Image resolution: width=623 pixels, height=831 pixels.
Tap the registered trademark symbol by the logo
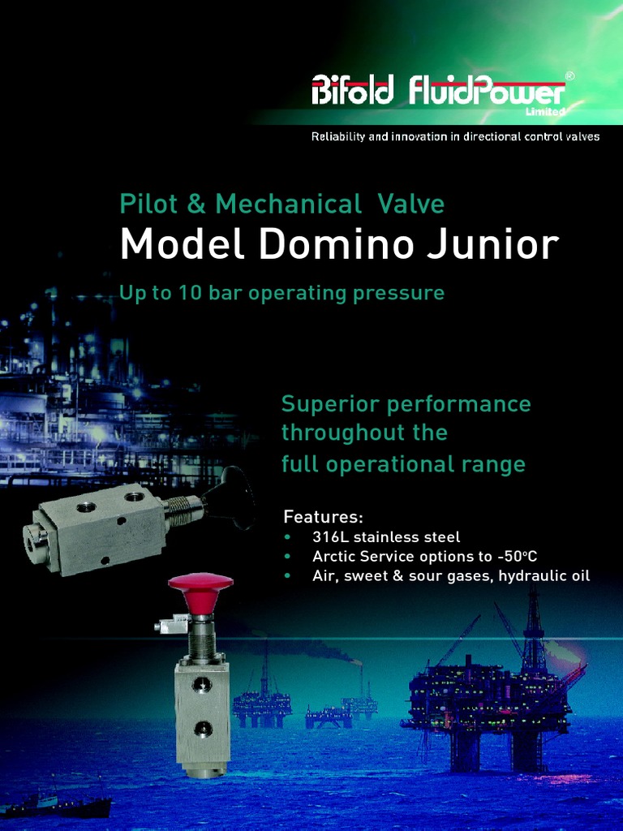pyautogui.click(x=569, y=75)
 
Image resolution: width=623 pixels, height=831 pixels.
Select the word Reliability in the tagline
pyautogui.click(x=338, y=136)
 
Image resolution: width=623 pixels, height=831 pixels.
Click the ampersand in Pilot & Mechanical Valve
pyautogui.click(x=195, y=204)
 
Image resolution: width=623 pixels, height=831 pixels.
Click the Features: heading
pyautogui.click(x=323, y=517)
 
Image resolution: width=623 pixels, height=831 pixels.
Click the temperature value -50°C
pyautogui.click(x=517, y=557)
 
